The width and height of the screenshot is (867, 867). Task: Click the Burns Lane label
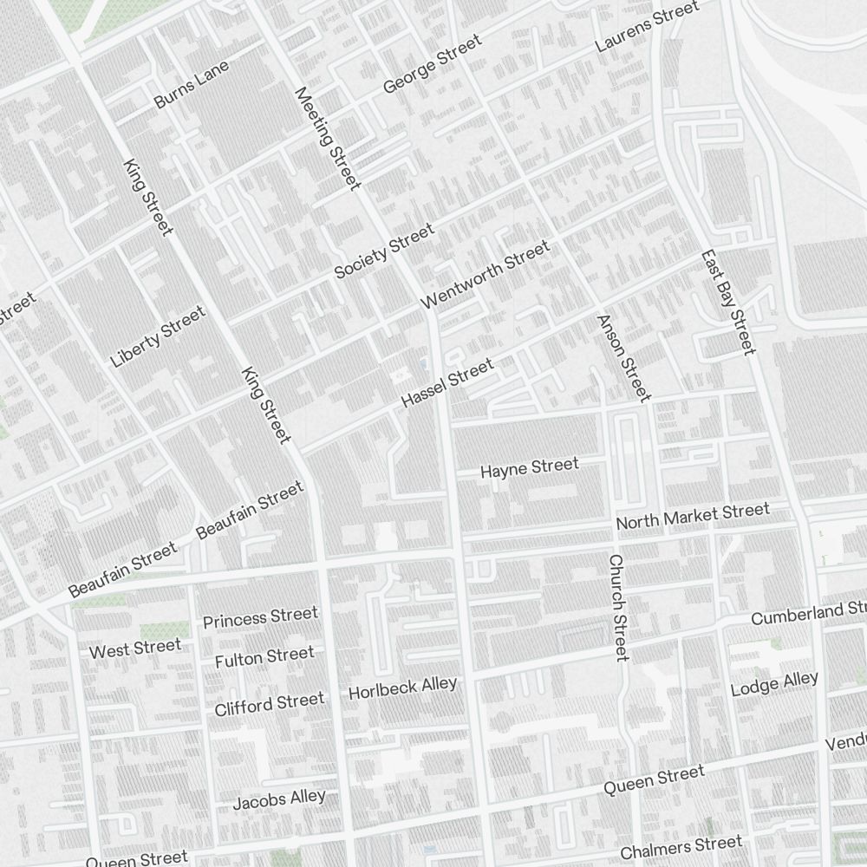click(191, 84)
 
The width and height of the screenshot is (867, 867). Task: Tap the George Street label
click(432, 65)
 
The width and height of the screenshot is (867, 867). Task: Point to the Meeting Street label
click(327, 139)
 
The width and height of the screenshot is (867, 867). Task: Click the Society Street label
click(384, 251)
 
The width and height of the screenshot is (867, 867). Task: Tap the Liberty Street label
click(159, 336)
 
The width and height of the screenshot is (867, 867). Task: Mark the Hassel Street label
click(447, 383)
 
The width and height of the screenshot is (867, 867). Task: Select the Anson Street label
click(623, 358)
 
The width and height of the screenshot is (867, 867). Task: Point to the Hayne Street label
click(529, 468)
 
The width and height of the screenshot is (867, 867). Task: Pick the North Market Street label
click(692, 516)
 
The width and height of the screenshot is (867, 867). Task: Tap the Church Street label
click(617, 608)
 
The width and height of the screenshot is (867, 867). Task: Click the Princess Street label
click(260, 617)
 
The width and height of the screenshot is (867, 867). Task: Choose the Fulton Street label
click(264, 657)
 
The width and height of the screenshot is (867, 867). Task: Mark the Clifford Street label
click(270, 703)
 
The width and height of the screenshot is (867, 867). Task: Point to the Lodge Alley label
click(774, 683)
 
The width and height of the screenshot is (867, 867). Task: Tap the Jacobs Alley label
click(279, 799)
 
